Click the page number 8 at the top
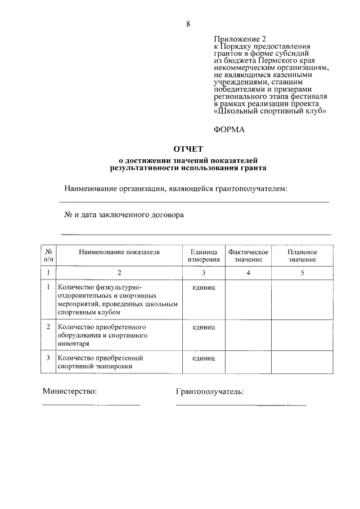click(188, 24)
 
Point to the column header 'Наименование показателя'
click(119, 252)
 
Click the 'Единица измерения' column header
click(204, 256)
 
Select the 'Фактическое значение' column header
click(248, 256)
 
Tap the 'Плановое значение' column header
click(303, 256)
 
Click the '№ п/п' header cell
click(49, 256)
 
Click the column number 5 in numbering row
click(303, 273)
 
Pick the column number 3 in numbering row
click(204, 273)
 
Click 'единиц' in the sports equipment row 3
click(204, 358)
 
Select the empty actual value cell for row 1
click(248, 299)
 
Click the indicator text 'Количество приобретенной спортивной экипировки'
click(100, 362)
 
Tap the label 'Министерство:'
click(70, 391)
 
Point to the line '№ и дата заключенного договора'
click(124, 215)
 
